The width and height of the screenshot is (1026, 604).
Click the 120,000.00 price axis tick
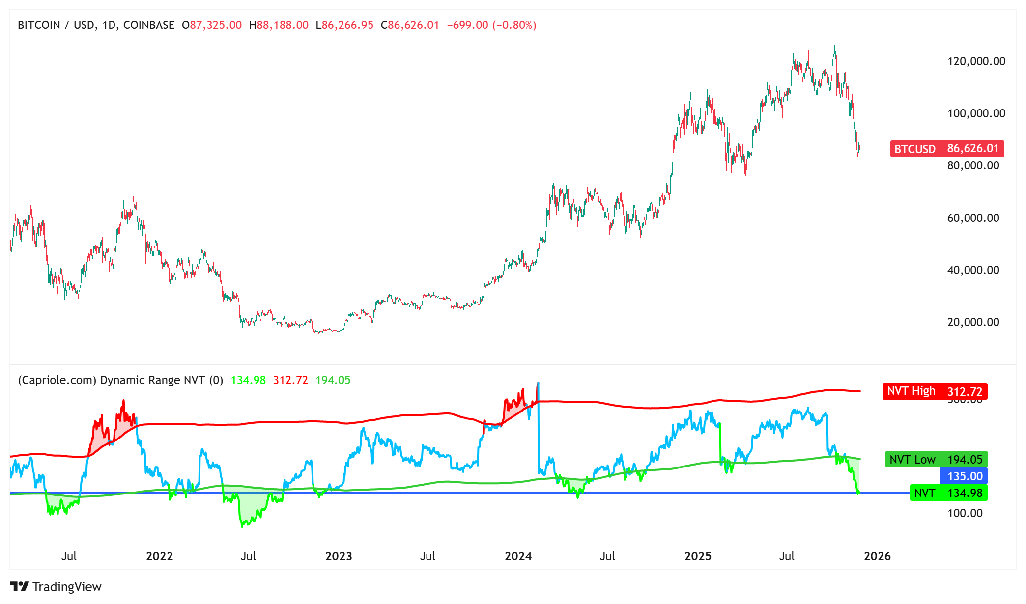tap(976, 61)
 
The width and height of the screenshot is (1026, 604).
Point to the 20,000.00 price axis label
tap(973, 322)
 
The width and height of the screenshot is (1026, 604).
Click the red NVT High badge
tap(911, 391)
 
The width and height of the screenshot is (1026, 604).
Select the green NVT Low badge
tap(912, 460)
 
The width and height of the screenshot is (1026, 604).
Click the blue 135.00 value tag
tap(964, 476)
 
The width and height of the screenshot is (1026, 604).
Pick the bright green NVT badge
tap(924, 493)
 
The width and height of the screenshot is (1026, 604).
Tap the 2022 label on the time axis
tap(159, 556)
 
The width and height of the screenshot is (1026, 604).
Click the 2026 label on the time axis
tap(877, 556)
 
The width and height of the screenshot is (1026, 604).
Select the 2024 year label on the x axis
tap(518, 556)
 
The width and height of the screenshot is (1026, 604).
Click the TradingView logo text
tap(67, 587)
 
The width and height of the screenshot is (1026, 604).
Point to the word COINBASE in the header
tap(148, 25)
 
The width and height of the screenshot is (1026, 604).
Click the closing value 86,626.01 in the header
tap(413, 25)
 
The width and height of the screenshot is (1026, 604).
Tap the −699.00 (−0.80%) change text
tap(491, 25)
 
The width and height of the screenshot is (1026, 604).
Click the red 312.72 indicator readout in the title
tap(290, 380)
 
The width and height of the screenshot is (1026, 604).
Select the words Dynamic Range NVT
tap(152, 380)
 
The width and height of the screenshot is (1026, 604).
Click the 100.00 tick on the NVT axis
tap(965, 513)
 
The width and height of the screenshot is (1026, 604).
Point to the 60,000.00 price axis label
tap(973, 218)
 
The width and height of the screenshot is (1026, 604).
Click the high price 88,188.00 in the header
tap(283, 25)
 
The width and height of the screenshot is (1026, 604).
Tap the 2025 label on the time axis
tap(698, 556)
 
